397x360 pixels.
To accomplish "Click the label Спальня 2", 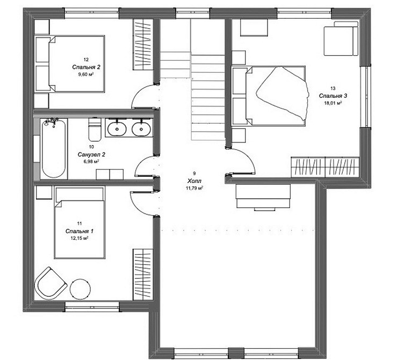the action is coord(86,67).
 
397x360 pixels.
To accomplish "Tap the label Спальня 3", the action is coord(333,96).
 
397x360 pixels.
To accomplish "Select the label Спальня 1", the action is coord(80,231).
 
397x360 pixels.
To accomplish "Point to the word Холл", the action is coord(194,181).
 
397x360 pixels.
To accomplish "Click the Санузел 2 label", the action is coord(91,154).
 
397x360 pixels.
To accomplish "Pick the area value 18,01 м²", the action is coord(333,103).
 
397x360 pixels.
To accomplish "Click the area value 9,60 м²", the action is coord(86,74).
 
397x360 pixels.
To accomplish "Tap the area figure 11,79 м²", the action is coord(194,188).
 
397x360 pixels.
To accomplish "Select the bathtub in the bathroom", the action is coord(54,148).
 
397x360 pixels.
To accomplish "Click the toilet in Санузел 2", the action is coord(95,129).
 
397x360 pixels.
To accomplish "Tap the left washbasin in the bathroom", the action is coord(117,128).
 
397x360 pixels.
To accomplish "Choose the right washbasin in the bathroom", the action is coord(141,128).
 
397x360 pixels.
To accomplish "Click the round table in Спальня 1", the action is coord(80,290).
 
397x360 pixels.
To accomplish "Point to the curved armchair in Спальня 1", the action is coord(50,283).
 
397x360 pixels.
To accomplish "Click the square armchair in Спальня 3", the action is coord(342,38).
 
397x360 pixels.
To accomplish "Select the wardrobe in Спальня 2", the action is coord(143,45).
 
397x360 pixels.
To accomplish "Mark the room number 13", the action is coord(333,88).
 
